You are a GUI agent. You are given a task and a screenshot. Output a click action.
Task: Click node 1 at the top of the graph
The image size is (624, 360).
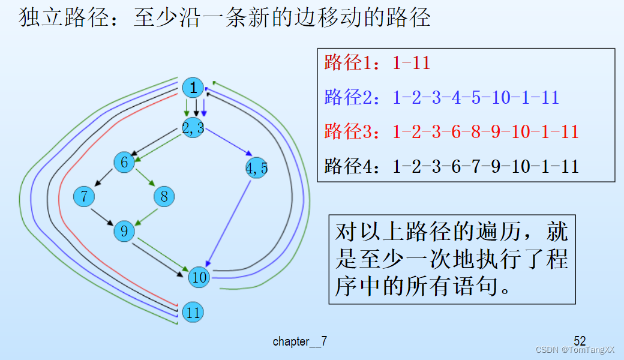point(193,88)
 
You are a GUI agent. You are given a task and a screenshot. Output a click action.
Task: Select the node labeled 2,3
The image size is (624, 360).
point(193,127)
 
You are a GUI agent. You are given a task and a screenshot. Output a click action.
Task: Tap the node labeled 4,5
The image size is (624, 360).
point(257,169)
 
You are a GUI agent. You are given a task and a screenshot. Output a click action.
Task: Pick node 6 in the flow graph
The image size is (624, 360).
point(124,163)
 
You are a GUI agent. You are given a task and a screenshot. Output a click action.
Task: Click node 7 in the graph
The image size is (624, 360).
point(84,196)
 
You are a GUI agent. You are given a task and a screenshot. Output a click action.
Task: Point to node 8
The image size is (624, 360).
point(164,196)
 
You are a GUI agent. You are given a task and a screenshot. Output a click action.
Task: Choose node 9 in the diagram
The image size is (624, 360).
point(124,231)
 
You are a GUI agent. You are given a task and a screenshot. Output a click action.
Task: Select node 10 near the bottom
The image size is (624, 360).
point(199,277)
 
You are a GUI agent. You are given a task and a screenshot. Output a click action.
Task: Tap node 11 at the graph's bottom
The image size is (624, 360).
point(193,312)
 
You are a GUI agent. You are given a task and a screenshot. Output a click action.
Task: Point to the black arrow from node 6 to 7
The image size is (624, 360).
point(104,179)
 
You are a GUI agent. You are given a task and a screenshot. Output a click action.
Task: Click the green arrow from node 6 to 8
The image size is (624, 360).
point(144,179)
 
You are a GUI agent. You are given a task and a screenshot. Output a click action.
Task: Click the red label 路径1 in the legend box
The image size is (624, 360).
point(343,62)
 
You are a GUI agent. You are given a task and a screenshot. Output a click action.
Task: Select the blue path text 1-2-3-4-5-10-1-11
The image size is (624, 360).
point(476,97)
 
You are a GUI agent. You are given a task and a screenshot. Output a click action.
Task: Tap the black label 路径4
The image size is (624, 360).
point(343,166)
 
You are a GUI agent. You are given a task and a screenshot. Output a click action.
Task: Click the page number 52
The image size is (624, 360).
point(580,340)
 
